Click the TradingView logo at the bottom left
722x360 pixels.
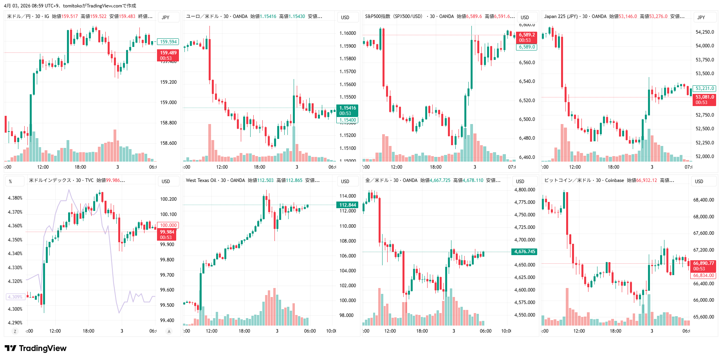click(36, 348)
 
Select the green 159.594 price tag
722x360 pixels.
click(168, 42)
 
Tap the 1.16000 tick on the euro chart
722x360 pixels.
click(347, 33)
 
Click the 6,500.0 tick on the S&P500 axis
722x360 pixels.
click(527, 119)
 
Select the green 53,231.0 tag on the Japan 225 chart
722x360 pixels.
click(705, 88)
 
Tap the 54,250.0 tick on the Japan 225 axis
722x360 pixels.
click(705, 32)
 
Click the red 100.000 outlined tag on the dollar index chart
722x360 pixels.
click(168, 225)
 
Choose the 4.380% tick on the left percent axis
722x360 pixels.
click(15, 198)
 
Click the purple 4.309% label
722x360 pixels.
click(15, 297)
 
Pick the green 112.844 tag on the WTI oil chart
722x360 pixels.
click(347, 205)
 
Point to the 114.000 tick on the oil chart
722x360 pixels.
click(347, 196)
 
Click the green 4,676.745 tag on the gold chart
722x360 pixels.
click(524, 252)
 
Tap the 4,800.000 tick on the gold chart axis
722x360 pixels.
click(524, 190)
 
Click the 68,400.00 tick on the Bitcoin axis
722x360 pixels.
click(703, 200)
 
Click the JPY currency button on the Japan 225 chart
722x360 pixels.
click(701, 17)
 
